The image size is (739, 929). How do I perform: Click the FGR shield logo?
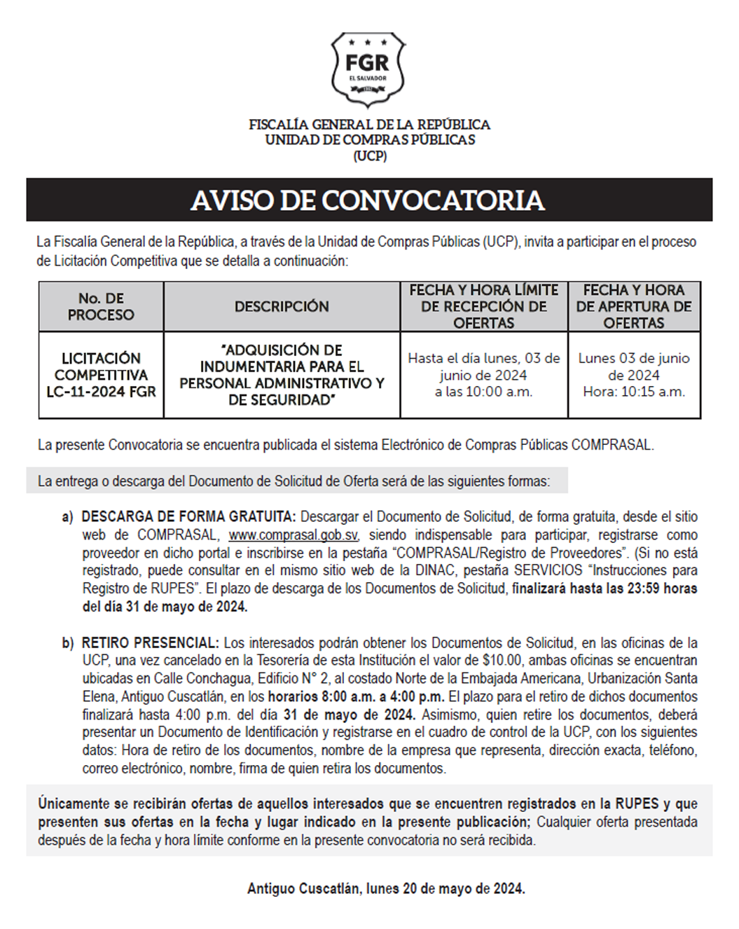(368, 69)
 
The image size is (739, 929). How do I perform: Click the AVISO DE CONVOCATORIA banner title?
(368, 200)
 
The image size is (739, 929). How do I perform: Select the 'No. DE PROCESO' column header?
(101, 307)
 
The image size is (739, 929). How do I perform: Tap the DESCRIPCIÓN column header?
(282, 307)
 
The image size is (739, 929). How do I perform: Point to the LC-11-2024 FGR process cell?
(101, 375)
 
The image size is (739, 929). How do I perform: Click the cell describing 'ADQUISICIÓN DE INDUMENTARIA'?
(282, 375)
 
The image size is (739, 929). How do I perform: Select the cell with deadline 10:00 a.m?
(483, 375)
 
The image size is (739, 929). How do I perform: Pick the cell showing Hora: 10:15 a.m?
(633, 375)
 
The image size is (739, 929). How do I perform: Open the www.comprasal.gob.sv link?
(293, 535)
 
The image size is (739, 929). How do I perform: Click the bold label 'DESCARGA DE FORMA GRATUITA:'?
(188, 517)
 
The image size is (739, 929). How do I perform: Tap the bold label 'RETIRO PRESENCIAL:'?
(151, 642)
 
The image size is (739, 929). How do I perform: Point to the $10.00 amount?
(502, 660)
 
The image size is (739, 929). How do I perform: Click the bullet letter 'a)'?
(67, 517)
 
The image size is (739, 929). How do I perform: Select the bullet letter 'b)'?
(67, 642)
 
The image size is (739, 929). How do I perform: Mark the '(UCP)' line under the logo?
(370, 156)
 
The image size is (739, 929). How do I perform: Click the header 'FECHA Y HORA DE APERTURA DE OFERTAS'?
(633, 307)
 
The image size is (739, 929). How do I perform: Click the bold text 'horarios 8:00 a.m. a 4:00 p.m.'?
(356, 696)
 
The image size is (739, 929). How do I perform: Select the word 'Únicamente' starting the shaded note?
(74, 804)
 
